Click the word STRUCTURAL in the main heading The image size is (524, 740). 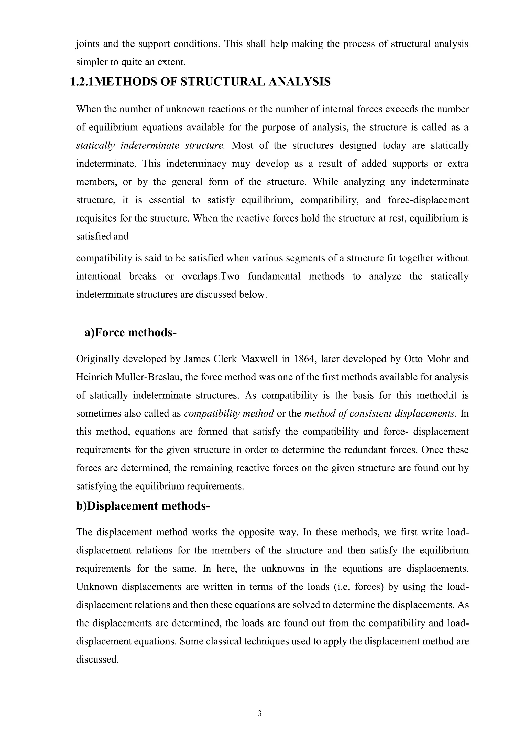(x=222, y=82)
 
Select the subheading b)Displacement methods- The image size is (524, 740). (x=143, y=506)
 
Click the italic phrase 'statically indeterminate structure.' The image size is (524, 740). (x=150, y=145)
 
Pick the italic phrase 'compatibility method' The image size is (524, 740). (x=229, y=413)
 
